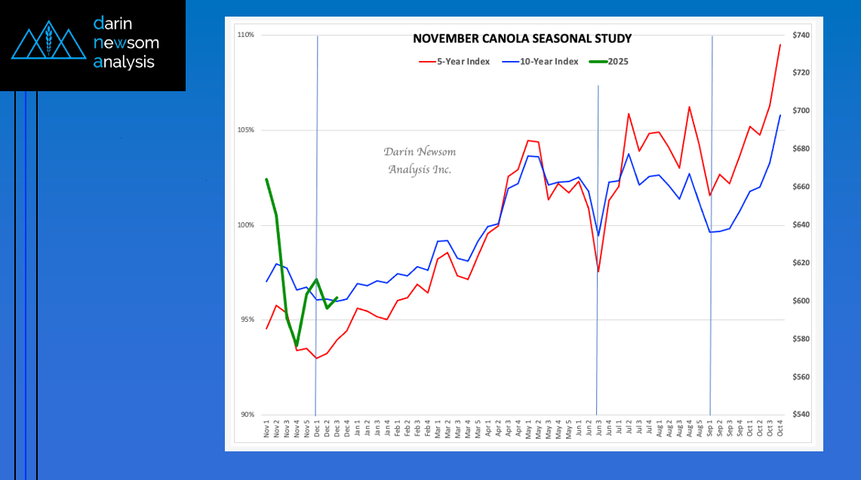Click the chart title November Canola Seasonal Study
[521, 38]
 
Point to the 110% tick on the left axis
[246, 35]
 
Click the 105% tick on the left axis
[246, 130]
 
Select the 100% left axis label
[246, 225]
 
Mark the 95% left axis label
[248, 320]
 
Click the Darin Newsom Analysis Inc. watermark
[420, 161]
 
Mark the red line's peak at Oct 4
[780, 44]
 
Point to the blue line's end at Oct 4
[780, 115]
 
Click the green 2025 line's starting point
[266, 179]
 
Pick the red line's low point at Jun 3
[598, 272]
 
